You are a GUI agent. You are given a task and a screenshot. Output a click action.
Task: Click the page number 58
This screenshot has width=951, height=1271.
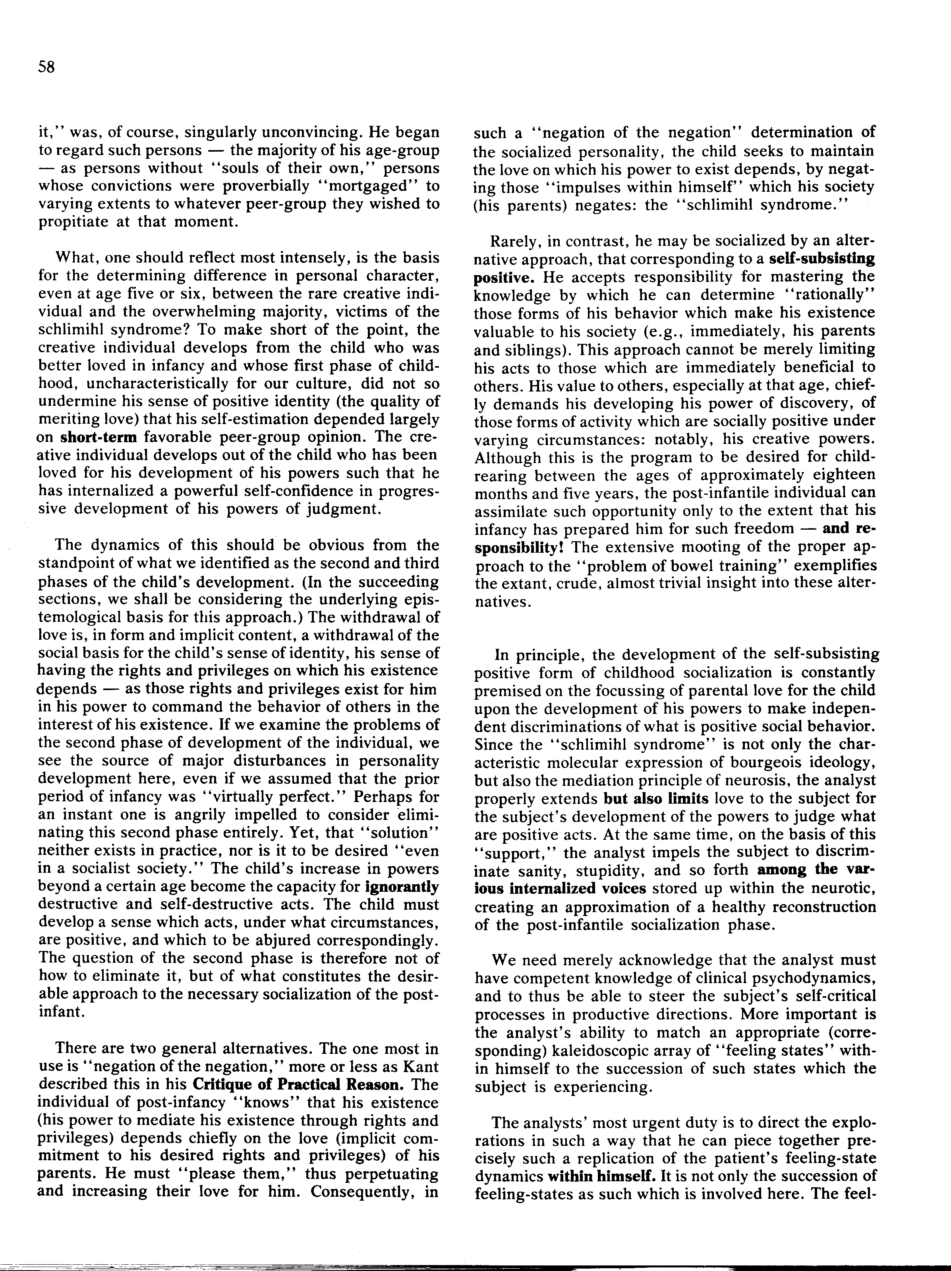pos(46,67)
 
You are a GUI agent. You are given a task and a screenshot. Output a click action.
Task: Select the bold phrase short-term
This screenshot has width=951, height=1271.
pos(99,437)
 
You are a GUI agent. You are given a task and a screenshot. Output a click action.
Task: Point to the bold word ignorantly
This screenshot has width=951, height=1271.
pos(402,887)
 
